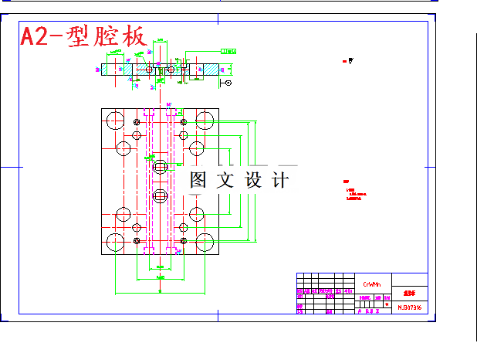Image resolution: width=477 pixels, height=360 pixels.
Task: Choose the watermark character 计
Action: (281, 180)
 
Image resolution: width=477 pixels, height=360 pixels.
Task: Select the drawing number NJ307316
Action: (410, 307)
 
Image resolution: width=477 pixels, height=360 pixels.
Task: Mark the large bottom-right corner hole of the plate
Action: (205, 243)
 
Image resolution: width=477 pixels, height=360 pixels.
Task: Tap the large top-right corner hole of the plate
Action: (205, 120)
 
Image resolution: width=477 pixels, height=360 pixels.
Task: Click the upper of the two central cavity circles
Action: (160, 166)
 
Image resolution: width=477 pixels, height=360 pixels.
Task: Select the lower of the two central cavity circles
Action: (160, 195)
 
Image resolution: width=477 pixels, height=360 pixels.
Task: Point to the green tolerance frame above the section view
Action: (228, 50)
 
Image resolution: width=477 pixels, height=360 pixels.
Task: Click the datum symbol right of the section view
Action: (226, 82)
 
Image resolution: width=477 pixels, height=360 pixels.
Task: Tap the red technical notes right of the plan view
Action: (353, 192)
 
